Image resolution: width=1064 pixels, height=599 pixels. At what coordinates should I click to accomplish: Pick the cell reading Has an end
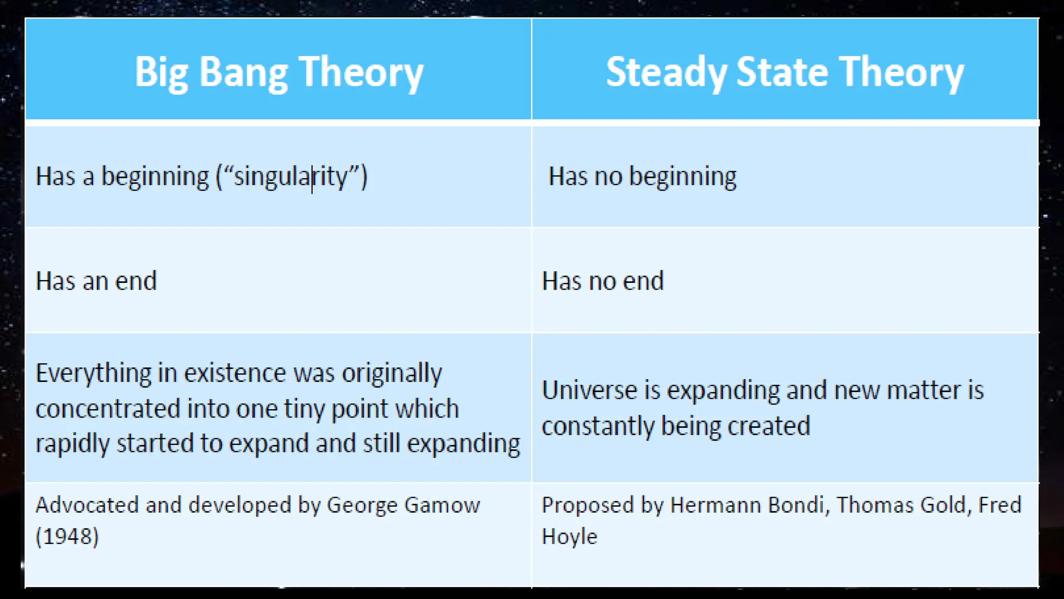[96, 281]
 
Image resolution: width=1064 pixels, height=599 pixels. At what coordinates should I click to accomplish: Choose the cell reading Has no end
[603, 281]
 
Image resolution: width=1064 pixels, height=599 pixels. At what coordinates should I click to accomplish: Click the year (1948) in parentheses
[67, 537]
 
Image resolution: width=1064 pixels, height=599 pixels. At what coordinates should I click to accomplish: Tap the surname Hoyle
[569, 537]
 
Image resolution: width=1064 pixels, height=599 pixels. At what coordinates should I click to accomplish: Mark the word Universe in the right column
[589, 390]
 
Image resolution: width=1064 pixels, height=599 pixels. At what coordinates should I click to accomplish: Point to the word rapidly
[72, 444]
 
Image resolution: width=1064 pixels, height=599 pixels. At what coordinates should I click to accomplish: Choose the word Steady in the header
[666, 73]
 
